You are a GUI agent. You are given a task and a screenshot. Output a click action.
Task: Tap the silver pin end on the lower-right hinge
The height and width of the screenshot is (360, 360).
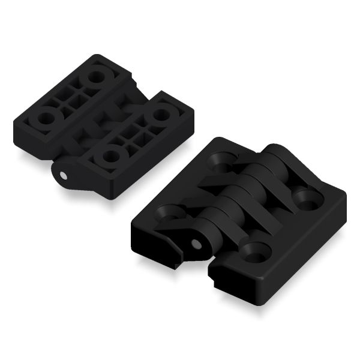[x=196, y=244]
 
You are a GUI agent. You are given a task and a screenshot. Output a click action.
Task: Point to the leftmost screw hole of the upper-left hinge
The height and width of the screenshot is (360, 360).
[x=43, y=118]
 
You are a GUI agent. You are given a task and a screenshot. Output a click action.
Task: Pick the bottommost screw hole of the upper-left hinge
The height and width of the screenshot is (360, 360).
[x=110, y=156]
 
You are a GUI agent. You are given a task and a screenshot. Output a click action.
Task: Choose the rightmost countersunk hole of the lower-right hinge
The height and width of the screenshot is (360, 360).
[x=308, y=200]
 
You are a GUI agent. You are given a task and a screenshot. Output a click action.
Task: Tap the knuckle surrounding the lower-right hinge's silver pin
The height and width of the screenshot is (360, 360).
[x=201, y=240]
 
